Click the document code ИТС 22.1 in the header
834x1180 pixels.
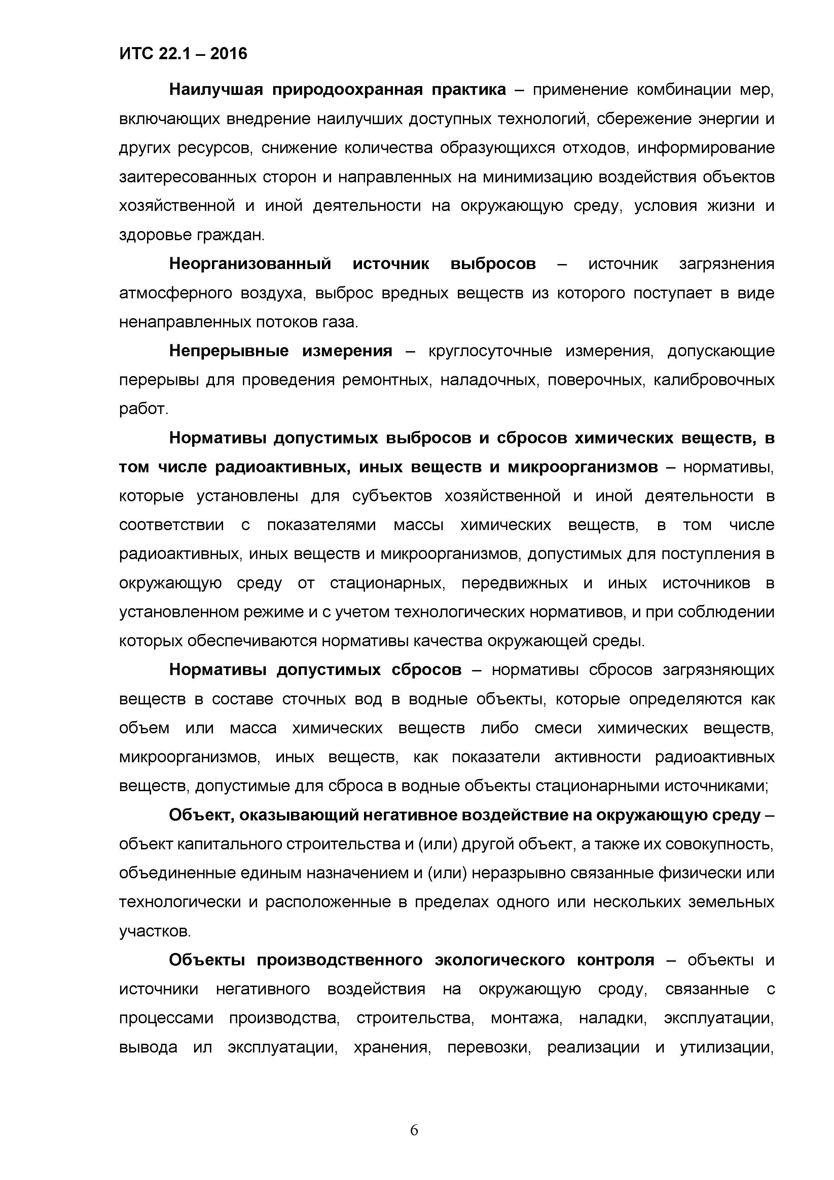coord(154,53)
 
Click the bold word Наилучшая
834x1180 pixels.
coord(216,90)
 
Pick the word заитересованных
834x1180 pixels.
coord(186,177)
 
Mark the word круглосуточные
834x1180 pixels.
coord(490,352)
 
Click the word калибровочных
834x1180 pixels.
coord(714,380)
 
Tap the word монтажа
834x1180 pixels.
coord(526,1019)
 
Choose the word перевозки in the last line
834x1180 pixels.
coord(488,1048)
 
